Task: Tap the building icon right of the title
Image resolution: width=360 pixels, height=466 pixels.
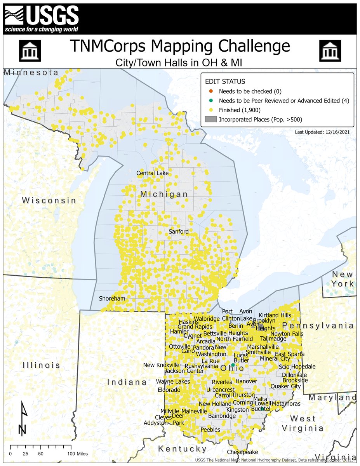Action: (x=330, y=50)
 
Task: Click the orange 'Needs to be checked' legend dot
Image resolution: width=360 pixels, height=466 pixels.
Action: (x=210, y=91)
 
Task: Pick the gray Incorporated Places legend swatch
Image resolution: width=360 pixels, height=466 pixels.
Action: (x=210, y=120)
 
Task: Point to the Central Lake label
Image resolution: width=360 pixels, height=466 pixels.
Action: (x=152, y=173)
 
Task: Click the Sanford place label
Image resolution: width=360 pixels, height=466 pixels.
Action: (x=178, y=231)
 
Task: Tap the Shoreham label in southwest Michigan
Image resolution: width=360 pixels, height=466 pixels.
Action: (x=112, y=298)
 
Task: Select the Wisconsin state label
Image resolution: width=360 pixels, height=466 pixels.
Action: (x=49, y=200)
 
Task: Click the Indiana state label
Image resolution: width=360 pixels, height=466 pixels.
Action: (x=127, y=382)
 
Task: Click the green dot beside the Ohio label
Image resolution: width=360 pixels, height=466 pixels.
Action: (x=233, y=365)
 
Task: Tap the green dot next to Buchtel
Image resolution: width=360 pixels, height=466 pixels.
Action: (x=262, y=409)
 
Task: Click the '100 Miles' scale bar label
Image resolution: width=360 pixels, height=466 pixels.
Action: (x=79, y=454)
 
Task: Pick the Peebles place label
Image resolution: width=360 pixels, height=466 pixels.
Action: (x=210, y=429)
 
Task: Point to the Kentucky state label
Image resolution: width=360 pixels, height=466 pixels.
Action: (x=182, y=449)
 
